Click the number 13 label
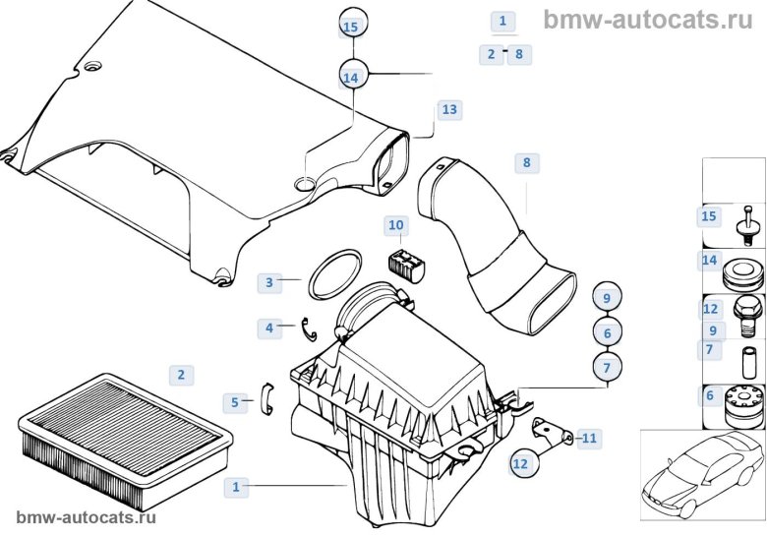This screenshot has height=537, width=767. [449, 110]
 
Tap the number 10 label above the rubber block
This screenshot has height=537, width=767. [395, 226]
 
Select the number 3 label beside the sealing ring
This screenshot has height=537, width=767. [268, 282]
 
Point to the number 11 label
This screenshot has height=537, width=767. [268, 327]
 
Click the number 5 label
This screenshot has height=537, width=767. [234, 401]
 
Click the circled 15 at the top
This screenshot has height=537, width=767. [352, 28]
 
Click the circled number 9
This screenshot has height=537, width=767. [607, 297]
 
